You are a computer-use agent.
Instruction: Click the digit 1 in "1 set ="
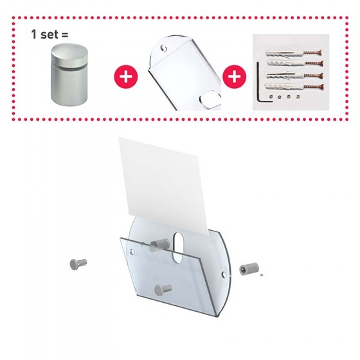tap(34, 34)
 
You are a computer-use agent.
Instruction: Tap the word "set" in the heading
tap(49, 35)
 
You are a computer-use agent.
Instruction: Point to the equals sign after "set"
tap(64, 35)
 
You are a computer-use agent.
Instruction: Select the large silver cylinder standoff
tap(69, 75)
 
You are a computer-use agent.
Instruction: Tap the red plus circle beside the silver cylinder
tap(126, 76)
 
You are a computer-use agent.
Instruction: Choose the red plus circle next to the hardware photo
tap(235, 76)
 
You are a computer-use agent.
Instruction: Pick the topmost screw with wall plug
tap(293, 54)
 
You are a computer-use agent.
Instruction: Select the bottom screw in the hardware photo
tap(294, 87)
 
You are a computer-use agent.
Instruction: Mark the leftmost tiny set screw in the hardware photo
tap(271, 97)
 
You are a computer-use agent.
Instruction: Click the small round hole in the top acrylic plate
tap(164, 48)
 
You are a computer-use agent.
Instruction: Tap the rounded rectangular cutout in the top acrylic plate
tap(210, 100)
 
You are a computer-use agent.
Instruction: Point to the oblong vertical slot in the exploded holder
tap(177, 248)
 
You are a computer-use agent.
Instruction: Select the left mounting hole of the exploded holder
tap(132, 251)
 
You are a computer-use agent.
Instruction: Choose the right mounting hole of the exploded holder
tap(224, 274)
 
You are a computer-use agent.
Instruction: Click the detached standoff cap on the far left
tap(78, 264)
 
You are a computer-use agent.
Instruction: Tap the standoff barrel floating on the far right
tap(249, 269)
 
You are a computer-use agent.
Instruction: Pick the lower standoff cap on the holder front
tap(163, 290)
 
